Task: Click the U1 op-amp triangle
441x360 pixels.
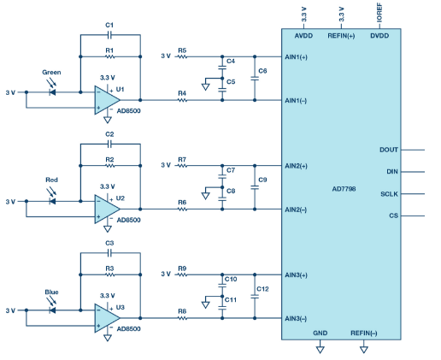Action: [107, 100]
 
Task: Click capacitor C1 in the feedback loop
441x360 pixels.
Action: [109, 35]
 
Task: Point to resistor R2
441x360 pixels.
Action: [110, 166]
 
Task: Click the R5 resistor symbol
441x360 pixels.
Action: [182, 56]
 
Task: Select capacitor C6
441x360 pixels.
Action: [255, 78]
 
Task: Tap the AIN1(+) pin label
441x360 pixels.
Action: [296, 57]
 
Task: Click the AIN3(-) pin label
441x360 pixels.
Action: [296, 318]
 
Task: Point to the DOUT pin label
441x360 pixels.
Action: [389, 150]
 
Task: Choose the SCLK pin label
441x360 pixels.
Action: [389, 194]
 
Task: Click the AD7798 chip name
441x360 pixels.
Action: [344, 189]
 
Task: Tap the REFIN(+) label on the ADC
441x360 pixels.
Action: [341, 36]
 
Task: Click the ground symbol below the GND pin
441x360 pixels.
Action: [320, 350]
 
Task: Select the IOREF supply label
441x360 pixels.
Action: [379, 13]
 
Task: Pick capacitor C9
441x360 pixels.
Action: [255, 187]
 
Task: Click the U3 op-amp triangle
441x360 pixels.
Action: [107, 318]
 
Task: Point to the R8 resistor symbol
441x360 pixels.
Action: [182, 318]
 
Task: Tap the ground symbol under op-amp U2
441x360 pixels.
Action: [108, 229]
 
